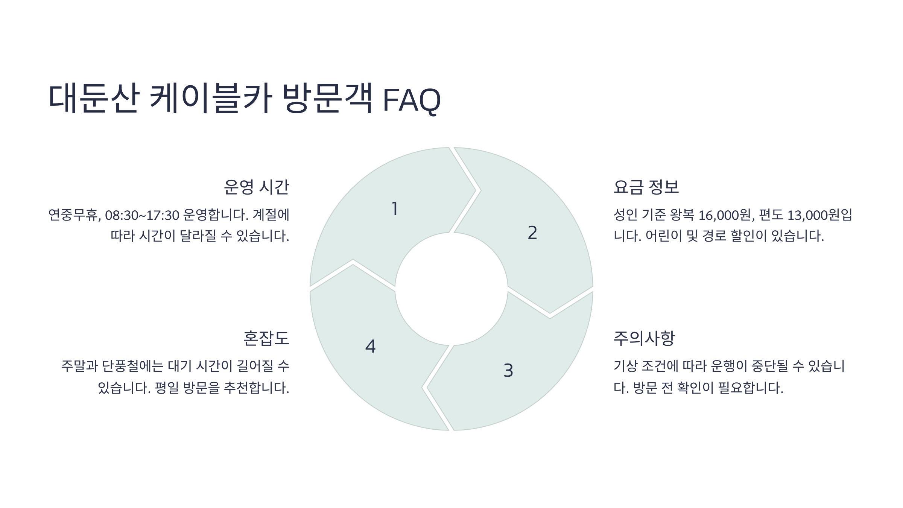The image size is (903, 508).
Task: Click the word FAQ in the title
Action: (411, 100)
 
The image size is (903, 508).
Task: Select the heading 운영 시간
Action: (256, 187)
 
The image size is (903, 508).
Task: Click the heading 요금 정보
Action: (646, 187)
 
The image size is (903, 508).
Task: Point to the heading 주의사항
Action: (644, 338)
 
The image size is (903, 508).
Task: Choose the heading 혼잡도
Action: (266, 338)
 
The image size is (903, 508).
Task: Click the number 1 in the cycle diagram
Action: (395, 209)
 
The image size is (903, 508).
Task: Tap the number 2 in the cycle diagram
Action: (532, 233)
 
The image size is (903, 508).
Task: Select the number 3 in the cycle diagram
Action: (508, 371)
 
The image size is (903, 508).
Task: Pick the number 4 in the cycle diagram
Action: (371, 347)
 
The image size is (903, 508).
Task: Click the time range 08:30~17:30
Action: (142, 215)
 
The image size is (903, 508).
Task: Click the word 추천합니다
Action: (257, 388)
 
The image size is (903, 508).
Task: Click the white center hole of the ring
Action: (451, 289)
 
